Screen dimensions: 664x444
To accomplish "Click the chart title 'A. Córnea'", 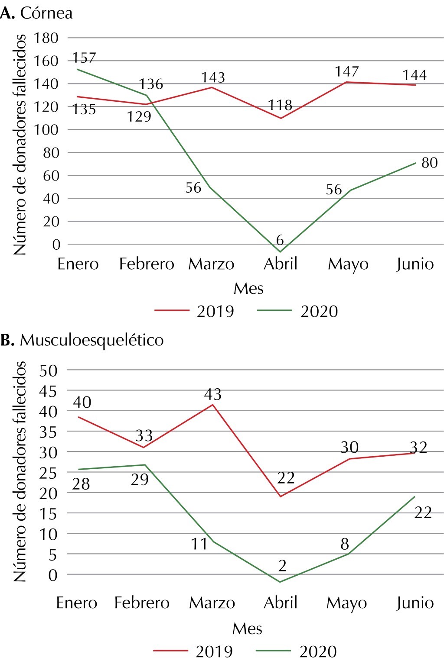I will pos(36,13).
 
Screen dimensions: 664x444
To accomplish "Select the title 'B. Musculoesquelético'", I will pos(82,340).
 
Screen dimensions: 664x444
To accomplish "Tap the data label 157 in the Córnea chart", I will pos(84,58).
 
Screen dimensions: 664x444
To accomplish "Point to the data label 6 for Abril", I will pos(280,240).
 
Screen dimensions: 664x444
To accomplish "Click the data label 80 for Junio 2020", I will pos(429,163).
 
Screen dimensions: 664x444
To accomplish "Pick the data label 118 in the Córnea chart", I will pos(280,105).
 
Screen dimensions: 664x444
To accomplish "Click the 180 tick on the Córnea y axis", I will pos(46,38).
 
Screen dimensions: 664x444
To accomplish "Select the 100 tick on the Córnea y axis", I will pos(46,130).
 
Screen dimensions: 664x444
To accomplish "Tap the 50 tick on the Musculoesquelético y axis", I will pos(48,371).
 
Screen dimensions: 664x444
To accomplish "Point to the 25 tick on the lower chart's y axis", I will pos(48,473).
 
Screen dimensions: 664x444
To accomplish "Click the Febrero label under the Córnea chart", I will pos(147,264).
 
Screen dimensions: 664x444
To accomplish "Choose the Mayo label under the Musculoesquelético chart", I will pos(346,603).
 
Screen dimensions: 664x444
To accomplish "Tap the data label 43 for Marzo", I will pos(213,394).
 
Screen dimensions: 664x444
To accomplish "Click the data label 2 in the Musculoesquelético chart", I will pos(283,565).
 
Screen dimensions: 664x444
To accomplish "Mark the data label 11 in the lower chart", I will pos(199,544).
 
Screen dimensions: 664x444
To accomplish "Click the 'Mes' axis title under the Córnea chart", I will pos(248,289).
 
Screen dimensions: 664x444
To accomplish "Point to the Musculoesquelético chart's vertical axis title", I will pos(20,472).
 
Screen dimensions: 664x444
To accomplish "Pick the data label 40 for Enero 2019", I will pos(82,402).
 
